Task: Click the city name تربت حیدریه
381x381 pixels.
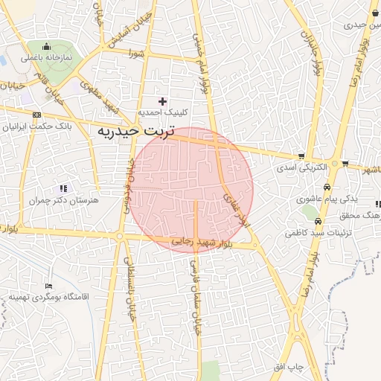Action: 135,132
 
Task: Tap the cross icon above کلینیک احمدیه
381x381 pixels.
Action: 163,100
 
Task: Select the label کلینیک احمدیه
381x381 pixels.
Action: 164,112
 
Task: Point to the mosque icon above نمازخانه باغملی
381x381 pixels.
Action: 47,46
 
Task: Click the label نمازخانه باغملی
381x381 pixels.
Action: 47,57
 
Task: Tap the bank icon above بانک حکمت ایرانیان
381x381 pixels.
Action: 37,115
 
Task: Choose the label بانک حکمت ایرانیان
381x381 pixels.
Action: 37,127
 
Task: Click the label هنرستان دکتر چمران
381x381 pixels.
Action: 63,200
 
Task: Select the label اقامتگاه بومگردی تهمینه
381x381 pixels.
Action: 49,297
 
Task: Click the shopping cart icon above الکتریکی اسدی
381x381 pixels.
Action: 301,156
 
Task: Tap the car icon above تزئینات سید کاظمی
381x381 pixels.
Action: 318,222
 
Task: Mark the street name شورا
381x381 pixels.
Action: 135,53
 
